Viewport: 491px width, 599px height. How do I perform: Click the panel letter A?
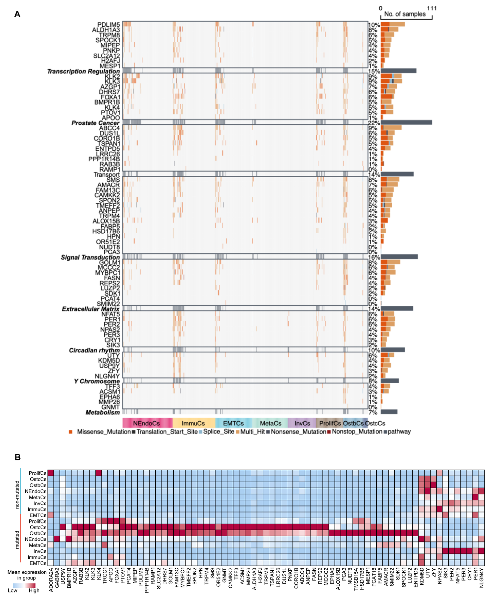pyautogui.click(x=17, y=14)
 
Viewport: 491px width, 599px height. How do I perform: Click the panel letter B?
pyautogui.click(x=17, y=457)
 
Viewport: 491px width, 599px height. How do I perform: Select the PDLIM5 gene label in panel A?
pyautogui.click(x=109, y=25)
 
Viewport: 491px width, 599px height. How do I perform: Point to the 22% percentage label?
pyautogui.click(x=374, y=123)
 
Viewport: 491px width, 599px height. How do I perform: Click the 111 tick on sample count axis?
pyautogui.click(x=432, y=8)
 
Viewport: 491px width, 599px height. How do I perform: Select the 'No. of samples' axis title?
pyautogui.click(x=405, y=14)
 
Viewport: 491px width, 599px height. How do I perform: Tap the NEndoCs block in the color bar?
pyautogui.click(x=147, y=423)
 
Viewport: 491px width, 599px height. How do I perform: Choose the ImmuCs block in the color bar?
pyautogui.click(x=193, y=423)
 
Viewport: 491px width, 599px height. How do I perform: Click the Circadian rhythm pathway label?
pyautogui.click(x=94, y=350)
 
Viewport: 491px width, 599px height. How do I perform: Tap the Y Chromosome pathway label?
pyautogui.click(x=97, y=381)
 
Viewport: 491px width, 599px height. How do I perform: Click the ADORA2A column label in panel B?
pyautogui.click(x=51, y=580)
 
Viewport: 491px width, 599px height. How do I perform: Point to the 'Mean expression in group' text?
pyautogui.click(x=27, y=575)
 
